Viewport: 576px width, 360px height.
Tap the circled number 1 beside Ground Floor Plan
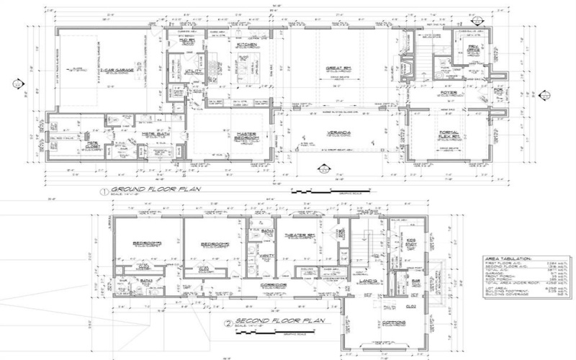point(104,192)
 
